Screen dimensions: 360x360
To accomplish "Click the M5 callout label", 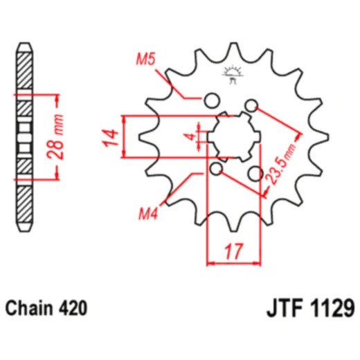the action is (x=145, y=59).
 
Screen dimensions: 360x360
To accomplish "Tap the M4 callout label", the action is (x=148, y=213).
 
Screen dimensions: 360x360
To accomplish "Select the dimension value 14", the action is (x=110, y=138).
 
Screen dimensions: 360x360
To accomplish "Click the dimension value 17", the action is (x=234, y=251).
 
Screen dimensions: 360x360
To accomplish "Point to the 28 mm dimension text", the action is (x=55, y=137).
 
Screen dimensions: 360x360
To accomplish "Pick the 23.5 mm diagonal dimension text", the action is (x=280, y=164).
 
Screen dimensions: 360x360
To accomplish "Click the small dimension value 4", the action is (x=191, y=136).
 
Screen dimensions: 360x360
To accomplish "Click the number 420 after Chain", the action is (x=73, y=308).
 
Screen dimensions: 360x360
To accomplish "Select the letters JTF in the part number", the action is (x=285, y=308).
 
